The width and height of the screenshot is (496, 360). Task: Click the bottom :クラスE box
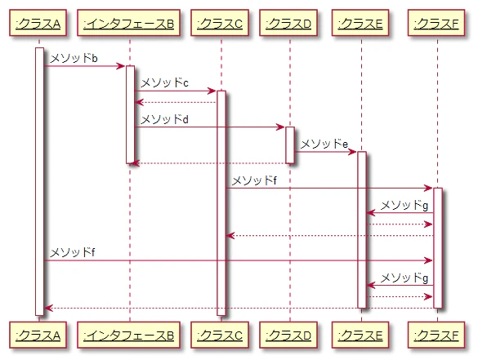coord(361,335)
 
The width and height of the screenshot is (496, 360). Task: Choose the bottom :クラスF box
coord(437,335)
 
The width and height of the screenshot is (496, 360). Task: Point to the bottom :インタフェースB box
coord(129,335)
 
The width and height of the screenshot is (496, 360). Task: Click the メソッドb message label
coord(74,59)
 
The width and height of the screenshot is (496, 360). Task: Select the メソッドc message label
coord(163,83)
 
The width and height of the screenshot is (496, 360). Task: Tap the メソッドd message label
coord(163,119)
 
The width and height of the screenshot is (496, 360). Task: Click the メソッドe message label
coord(324,144)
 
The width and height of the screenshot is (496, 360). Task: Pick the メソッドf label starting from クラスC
coord(254,180)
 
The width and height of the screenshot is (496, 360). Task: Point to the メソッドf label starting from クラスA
coord(72,252)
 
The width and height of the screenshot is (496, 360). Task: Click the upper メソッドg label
coord(404,205)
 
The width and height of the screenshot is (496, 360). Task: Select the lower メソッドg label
coord(404,278)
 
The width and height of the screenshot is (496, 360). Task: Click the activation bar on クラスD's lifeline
coord(289,144)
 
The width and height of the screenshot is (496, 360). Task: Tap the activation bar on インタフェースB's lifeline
coord(129,114)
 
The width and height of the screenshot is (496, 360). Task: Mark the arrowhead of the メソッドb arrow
coord(120,66)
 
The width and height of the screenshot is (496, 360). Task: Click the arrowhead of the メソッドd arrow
coord(280,127)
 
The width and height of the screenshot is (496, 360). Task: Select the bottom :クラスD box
coord(289,335)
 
